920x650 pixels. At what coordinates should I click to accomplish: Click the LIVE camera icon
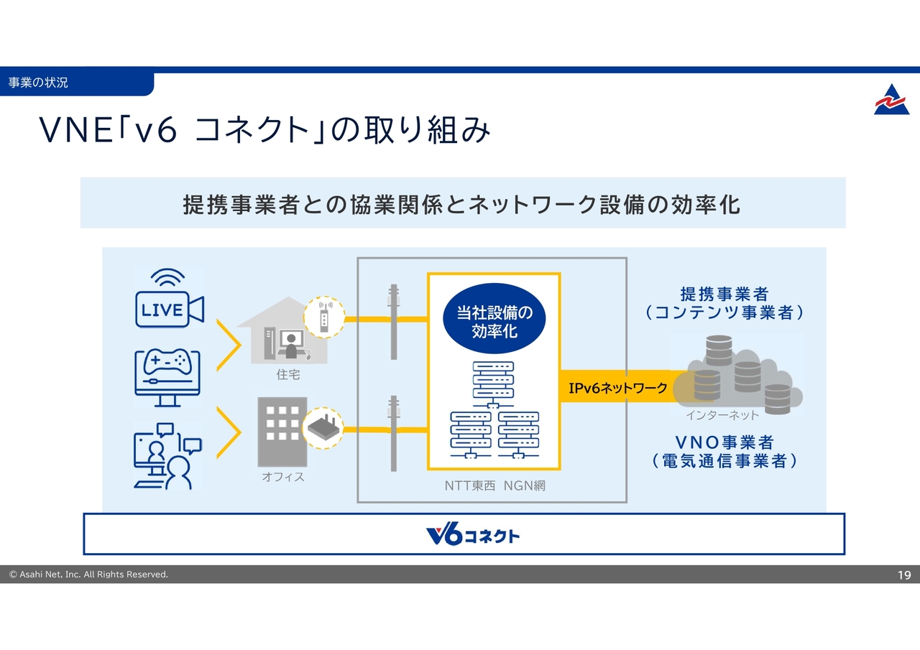(170, 298)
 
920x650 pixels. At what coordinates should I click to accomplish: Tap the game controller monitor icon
(169, 377)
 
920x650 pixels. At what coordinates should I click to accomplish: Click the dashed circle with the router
(325, 429)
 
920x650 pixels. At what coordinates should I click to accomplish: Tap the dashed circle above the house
(325, 317)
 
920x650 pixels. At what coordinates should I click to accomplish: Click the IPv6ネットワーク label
(617, 389)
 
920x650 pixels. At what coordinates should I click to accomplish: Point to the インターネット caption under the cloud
(722, 415)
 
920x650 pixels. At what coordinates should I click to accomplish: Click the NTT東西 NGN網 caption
(494, 486)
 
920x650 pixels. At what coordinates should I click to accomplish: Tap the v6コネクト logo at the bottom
(472, 535)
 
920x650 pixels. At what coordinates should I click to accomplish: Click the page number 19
(904, 575)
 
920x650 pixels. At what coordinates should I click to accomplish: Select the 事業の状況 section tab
(39, 83)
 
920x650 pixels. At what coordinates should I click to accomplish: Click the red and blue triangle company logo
(891, 100)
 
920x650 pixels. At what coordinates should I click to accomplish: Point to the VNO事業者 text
(724, 442)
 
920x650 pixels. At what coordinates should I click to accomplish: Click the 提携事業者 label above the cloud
(724, 294)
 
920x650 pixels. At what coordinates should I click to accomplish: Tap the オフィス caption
(283, 477)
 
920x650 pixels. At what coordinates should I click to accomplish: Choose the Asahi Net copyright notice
(88, 575)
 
